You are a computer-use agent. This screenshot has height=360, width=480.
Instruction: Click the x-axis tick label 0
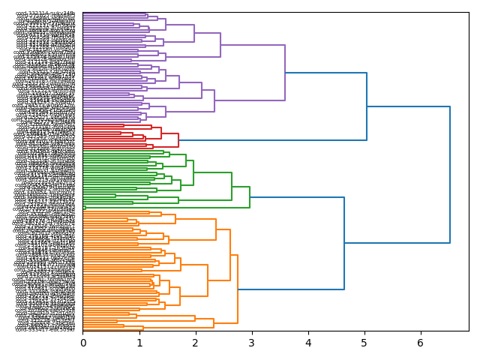tap(83, 343)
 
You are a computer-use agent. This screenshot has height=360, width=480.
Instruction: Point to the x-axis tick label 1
tap(139, 343)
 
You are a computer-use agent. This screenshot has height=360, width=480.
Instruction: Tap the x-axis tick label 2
tap(196, 343)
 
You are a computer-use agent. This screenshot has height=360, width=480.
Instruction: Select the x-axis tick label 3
tap(252, 343)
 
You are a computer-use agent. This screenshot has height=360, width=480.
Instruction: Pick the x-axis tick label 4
tap(308, 343)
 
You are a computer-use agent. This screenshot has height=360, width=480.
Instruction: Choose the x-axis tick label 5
tap(364, 343)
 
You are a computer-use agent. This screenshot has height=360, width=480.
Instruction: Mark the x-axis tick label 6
tap(421, 343)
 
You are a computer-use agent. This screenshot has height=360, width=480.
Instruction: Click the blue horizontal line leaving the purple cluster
tap(325, 73)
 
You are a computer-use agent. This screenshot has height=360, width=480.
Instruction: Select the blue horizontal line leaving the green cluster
tap(297, 197)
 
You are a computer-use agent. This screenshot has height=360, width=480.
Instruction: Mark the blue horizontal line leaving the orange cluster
tap(291, 289)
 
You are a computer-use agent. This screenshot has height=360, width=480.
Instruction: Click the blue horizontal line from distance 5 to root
tap(408, 106)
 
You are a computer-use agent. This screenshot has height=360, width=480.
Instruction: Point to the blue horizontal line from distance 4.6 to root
tap(397, 243)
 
